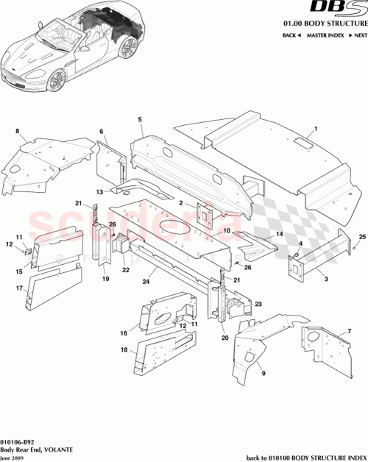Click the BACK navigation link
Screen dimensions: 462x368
pos(290,35)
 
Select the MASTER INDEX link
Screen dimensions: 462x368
pos(325,35)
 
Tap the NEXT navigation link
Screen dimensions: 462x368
pos(358,35)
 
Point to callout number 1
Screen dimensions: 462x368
pos(315,129)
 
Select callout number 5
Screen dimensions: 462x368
pos(139,118)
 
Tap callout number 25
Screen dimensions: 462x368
pos(362,235)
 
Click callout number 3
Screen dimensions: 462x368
pos(326,279)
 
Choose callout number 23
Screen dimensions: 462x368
pos(258,303)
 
